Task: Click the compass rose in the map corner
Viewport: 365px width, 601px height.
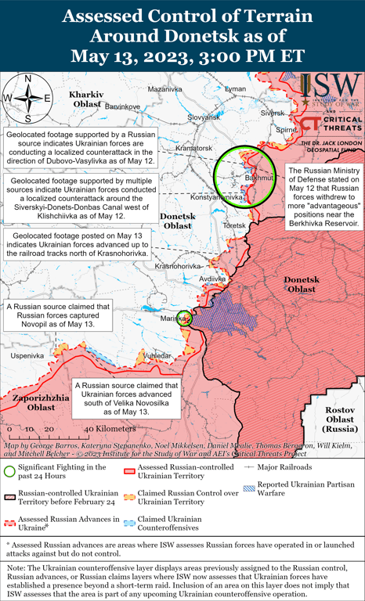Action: tap(27, 98)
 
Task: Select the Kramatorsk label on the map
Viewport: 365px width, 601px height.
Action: tap(194, 148)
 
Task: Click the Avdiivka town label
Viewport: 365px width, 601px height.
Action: tap(211, 278)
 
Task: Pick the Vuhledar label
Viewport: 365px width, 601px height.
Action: tap(157, 356)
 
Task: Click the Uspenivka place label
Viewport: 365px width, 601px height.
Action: tap(27, 355)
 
